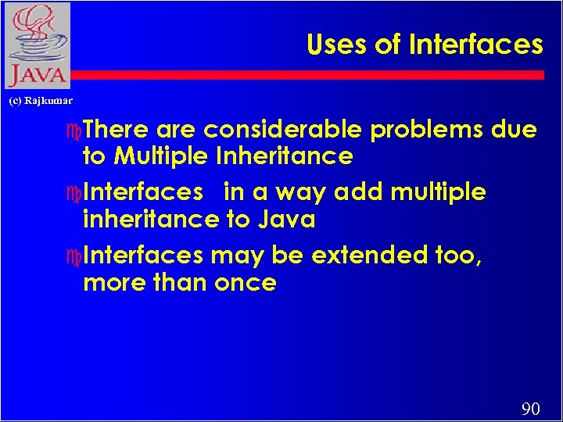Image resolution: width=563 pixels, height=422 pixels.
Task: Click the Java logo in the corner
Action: pyautogui.click(x=36, y=45)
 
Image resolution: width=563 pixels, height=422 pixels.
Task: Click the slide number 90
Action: pyautogui.click(x=530, y=409)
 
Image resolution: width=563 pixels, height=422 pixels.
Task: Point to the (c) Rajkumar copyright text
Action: pyautogui.click(x=41, y=101)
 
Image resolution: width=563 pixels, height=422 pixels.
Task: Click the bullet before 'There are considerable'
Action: pyautogui.click(x=74, y=130)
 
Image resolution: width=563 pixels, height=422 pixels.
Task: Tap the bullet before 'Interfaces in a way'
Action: pyautogui.click(x=74, y=193)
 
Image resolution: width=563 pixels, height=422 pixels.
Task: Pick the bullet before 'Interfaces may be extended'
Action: pyautogui.click(x=74, y=256)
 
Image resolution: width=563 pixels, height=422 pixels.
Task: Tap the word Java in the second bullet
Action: pyautogui.click(x=286, y=220)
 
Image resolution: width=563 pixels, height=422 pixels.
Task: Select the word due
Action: pyautogui.click(x=515, y=129)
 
